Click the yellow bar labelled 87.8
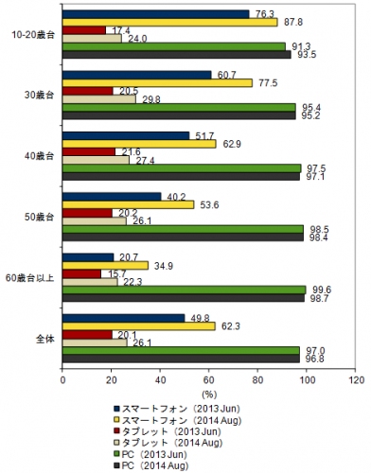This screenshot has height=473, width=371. [170, 22]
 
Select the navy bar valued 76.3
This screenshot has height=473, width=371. [156, 13]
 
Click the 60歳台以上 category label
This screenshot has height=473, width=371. [30, 277]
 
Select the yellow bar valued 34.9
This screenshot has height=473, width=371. [106, 264]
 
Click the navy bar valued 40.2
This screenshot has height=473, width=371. [113, 196]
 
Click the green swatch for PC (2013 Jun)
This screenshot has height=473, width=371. [117, 452]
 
